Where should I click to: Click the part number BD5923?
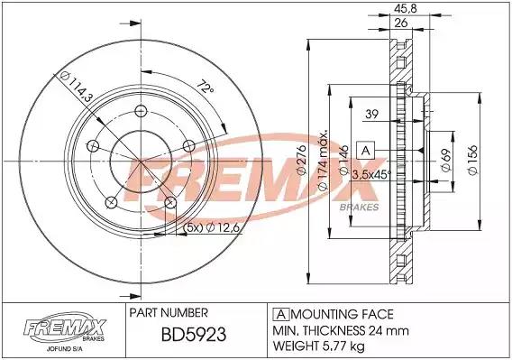pyautogui.click(x=194, y=335)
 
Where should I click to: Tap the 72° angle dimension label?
pyautogui.click(x=206, y=87)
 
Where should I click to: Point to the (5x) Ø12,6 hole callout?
pyautogui.click(x=212, y=227)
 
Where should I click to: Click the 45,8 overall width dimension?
pyautogui.click(x=406, y=8)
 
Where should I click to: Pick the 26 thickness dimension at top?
pyautogui.click(x=401, y=23)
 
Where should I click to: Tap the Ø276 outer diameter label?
pyautogui.click(x=301, y=160)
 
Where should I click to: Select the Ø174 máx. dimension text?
pyautogui.click(x=323, y=161)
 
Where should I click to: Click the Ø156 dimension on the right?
pyautogui.click(x=473, y=160)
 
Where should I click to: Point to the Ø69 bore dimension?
pyautogui.click(x=446, y=160)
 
